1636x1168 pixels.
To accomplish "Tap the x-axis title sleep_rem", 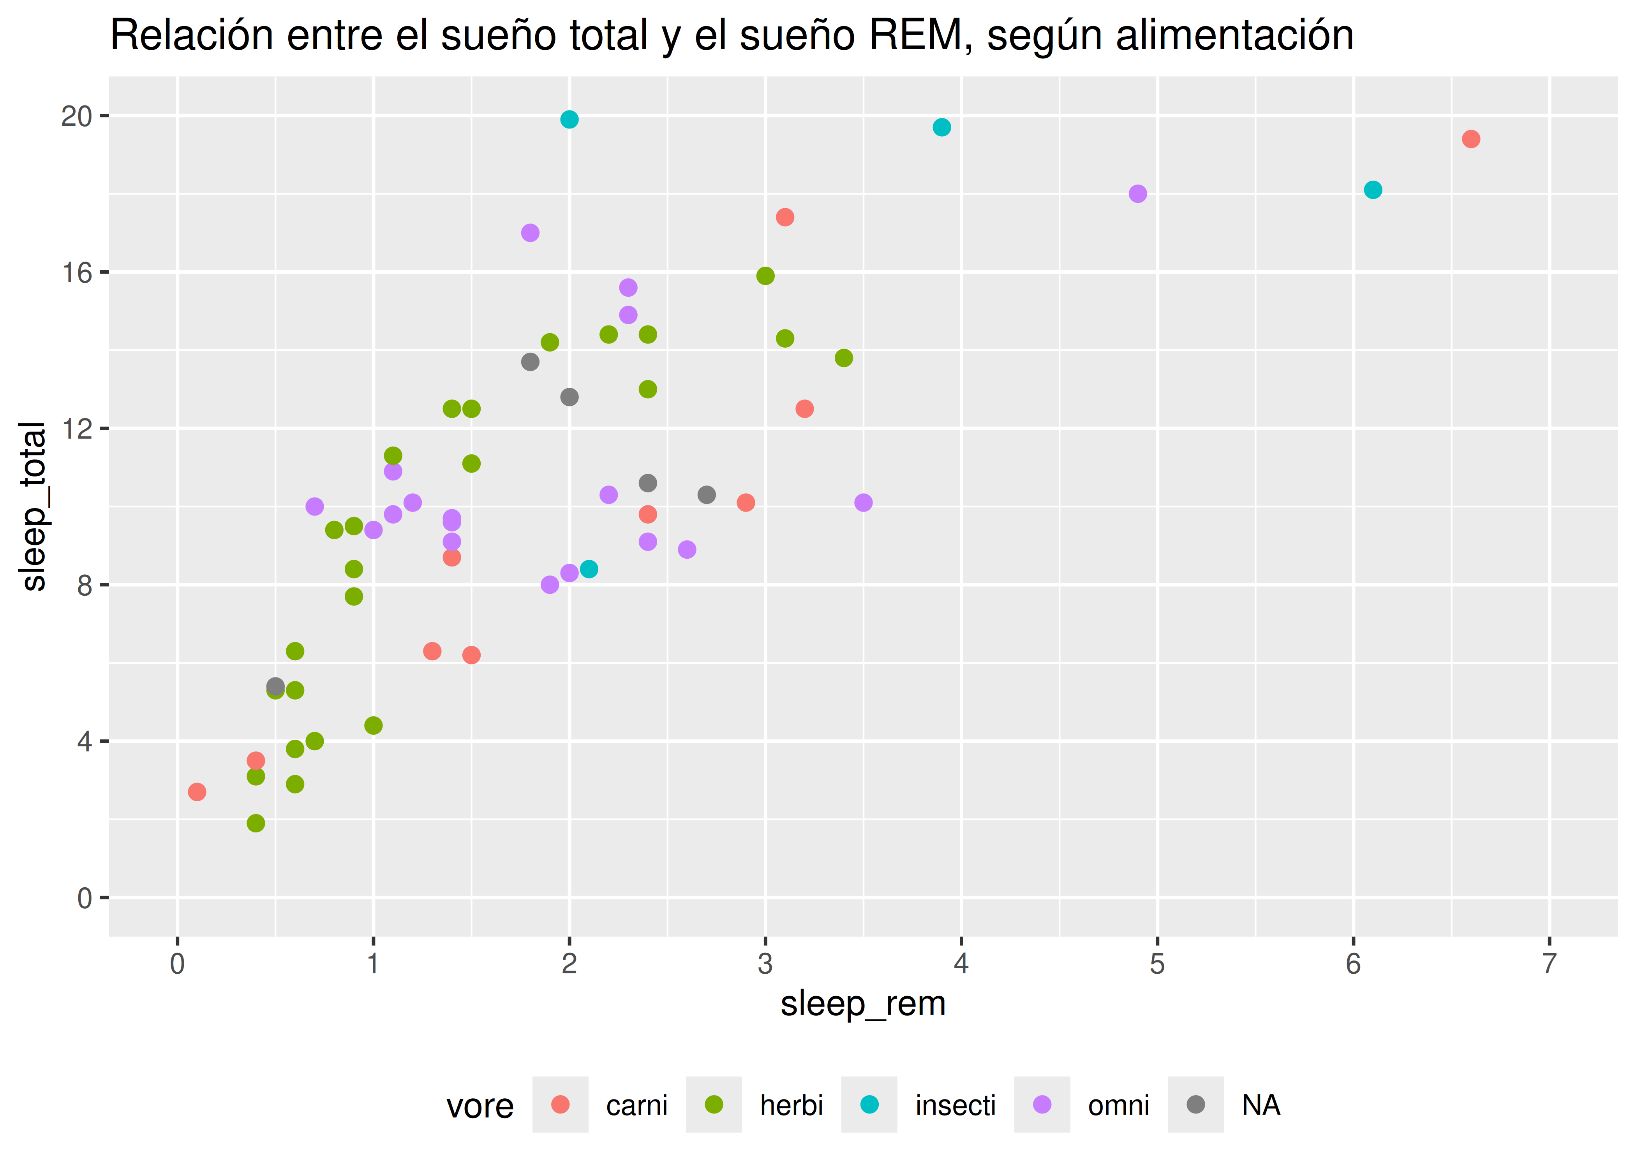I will tap(863, 1003).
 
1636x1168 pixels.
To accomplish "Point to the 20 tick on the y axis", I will tap(77, 116).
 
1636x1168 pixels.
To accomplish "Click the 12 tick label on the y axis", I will tap(77, 429).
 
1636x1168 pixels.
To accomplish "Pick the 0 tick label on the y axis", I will tap(85, 898).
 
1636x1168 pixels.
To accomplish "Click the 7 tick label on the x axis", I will tap(1550, 964).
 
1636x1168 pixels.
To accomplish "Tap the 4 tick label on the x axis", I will tap(961, 964).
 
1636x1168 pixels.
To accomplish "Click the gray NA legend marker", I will tap(1195, 1105).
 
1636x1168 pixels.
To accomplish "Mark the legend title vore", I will tap(480, 1106).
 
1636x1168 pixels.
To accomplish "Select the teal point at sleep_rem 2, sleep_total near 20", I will tap(569, 120).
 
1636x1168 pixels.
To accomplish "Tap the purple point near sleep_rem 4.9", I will tap(1137, 193).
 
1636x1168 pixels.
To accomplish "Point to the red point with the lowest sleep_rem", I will tap(197, 792).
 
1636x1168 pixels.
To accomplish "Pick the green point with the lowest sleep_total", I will tap(256, 823).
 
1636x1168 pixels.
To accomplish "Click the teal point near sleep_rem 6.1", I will tap(1373, 190).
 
